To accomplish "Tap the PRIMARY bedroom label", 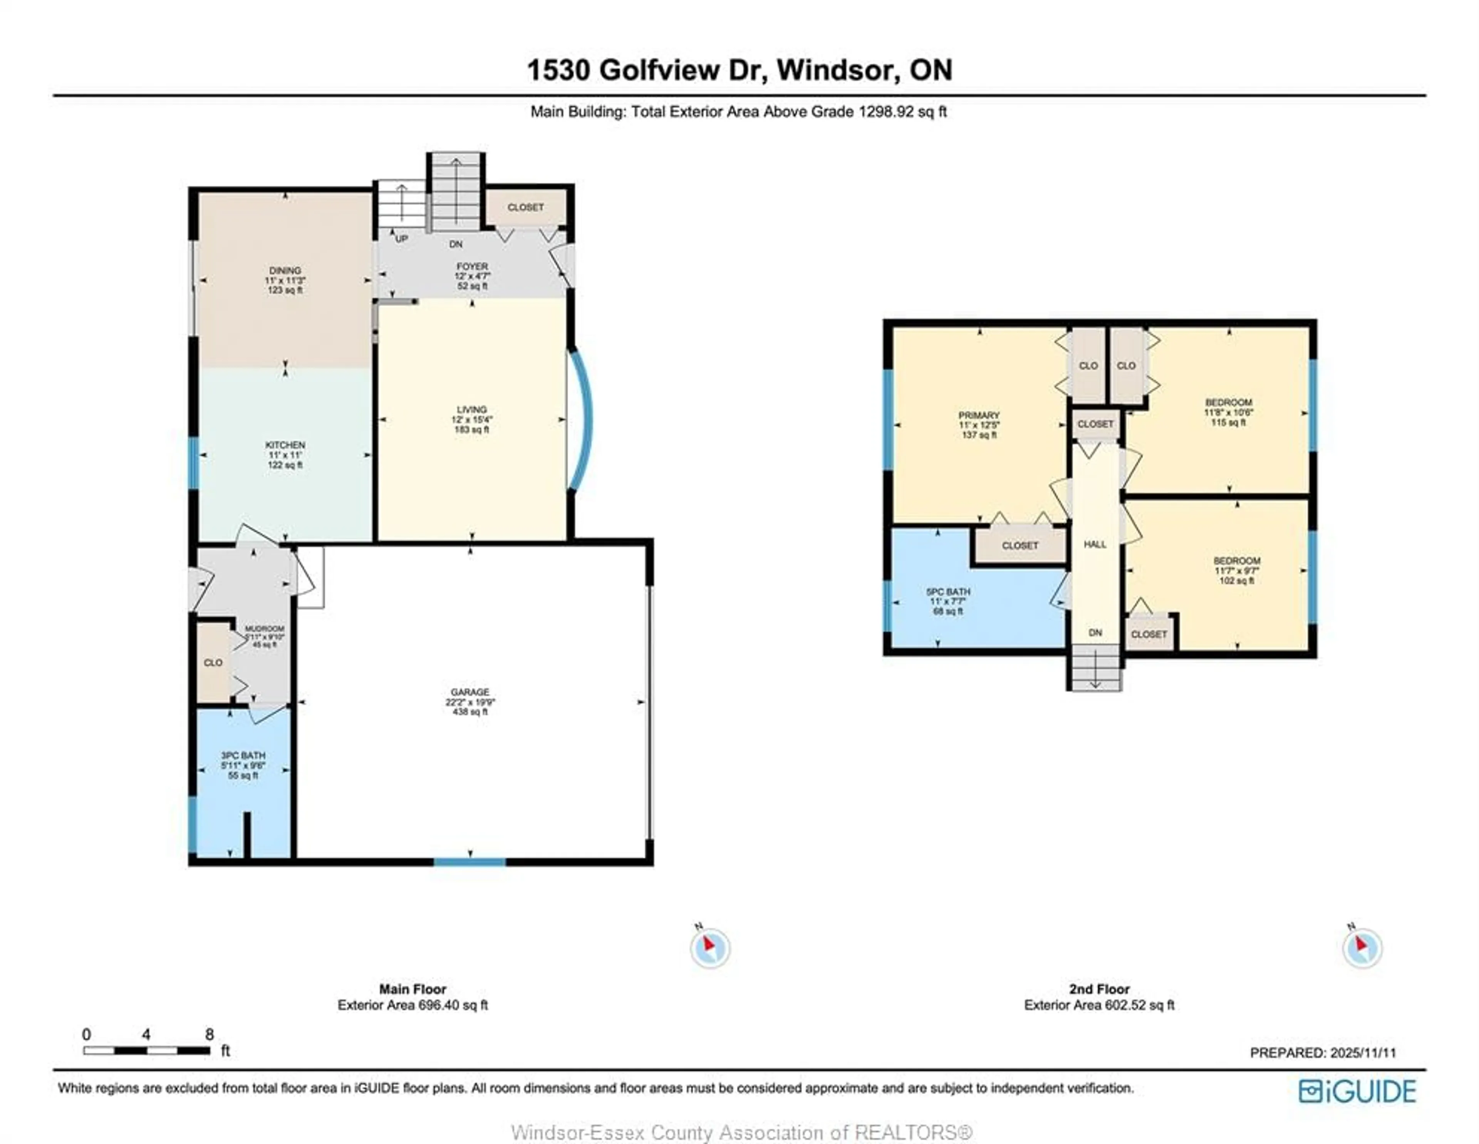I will tap(979, 415).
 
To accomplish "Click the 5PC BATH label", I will tap(948, 591).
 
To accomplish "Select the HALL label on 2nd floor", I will tap(1095, 544).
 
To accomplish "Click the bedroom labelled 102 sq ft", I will tap(1237, 570).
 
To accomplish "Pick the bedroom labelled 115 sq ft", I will tap(1228, 412).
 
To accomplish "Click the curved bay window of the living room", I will tap(582, 419).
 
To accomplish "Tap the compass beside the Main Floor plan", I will tap(710, 948).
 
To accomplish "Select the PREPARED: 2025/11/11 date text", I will tap(1323, 1053).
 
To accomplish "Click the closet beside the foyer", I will tap(525, 207).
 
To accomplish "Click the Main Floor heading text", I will tap(413, 989).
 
